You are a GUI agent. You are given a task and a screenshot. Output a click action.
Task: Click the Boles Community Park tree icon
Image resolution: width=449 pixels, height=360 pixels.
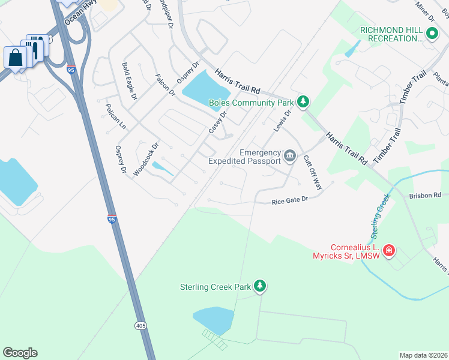304,102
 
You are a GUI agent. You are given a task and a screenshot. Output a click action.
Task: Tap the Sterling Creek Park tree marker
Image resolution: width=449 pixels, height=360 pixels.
261,286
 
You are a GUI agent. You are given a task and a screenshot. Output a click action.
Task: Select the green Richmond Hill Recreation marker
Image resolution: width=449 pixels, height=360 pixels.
430,34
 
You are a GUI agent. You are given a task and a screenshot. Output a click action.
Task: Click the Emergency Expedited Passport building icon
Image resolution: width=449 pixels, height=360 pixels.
290,156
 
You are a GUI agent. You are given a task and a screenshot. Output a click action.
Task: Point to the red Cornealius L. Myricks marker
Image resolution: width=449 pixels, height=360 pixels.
389,249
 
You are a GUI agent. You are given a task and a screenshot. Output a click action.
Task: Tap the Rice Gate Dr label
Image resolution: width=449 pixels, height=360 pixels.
289,200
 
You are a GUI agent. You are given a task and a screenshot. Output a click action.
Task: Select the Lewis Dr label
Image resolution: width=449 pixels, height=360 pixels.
282,121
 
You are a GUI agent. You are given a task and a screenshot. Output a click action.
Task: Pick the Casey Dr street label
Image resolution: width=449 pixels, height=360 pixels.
217,122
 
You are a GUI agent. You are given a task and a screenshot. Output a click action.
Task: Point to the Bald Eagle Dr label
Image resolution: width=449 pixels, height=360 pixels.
130,81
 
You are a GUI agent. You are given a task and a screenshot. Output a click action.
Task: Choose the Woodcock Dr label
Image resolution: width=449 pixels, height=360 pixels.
145,158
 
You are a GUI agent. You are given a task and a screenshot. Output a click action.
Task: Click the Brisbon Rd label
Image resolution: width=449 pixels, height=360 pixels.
425,196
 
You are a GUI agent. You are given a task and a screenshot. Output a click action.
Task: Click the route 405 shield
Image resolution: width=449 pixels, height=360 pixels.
140,326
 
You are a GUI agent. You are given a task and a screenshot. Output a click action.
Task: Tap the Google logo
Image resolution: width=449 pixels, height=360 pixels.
20,353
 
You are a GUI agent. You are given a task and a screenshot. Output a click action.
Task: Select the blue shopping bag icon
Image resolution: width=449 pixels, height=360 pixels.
14,58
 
